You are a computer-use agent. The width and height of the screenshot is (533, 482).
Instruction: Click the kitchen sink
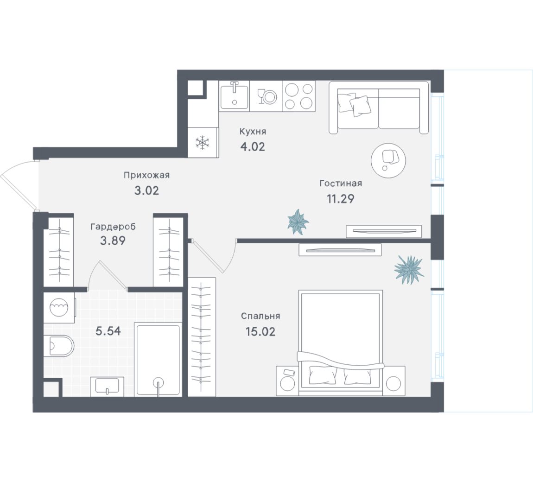(234, 96)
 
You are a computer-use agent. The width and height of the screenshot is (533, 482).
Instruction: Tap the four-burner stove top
(299, 96)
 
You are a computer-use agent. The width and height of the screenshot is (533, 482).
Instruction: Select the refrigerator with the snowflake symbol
(203, 142)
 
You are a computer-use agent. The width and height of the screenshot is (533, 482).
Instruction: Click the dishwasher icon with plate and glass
(266, 96)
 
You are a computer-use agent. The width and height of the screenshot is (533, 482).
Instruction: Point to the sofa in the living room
(379, 108)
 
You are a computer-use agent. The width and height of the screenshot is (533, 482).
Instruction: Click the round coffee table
(388, 160)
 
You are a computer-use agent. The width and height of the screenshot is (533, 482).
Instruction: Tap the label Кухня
(253, 132)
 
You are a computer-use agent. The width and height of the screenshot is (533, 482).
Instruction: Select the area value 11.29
(340, 198)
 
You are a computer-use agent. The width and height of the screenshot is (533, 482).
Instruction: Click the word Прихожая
(146, 175)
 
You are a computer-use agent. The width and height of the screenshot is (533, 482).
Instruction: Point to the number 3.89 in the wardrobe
(113, 241)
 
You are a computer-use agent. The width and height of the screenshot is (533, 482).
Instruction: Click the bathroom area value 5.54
(108, 331)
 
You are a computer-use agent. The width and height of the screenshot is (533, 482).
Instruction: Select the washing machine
(59, 308)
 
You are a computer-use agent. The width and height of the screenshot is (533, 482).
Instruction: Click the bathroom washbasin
(107, 387)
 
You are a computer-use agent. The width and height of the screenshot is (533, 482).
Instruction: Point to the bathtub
(158, 360)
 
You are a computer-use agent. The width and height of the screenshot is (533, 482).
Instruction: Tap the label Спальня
(261, 316)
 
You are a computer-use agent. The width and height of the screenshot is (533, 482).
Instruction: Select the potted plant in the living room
(298, 222)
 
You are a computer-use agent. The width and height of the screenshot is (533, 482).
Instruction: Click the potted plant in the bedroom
(409, 269)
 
